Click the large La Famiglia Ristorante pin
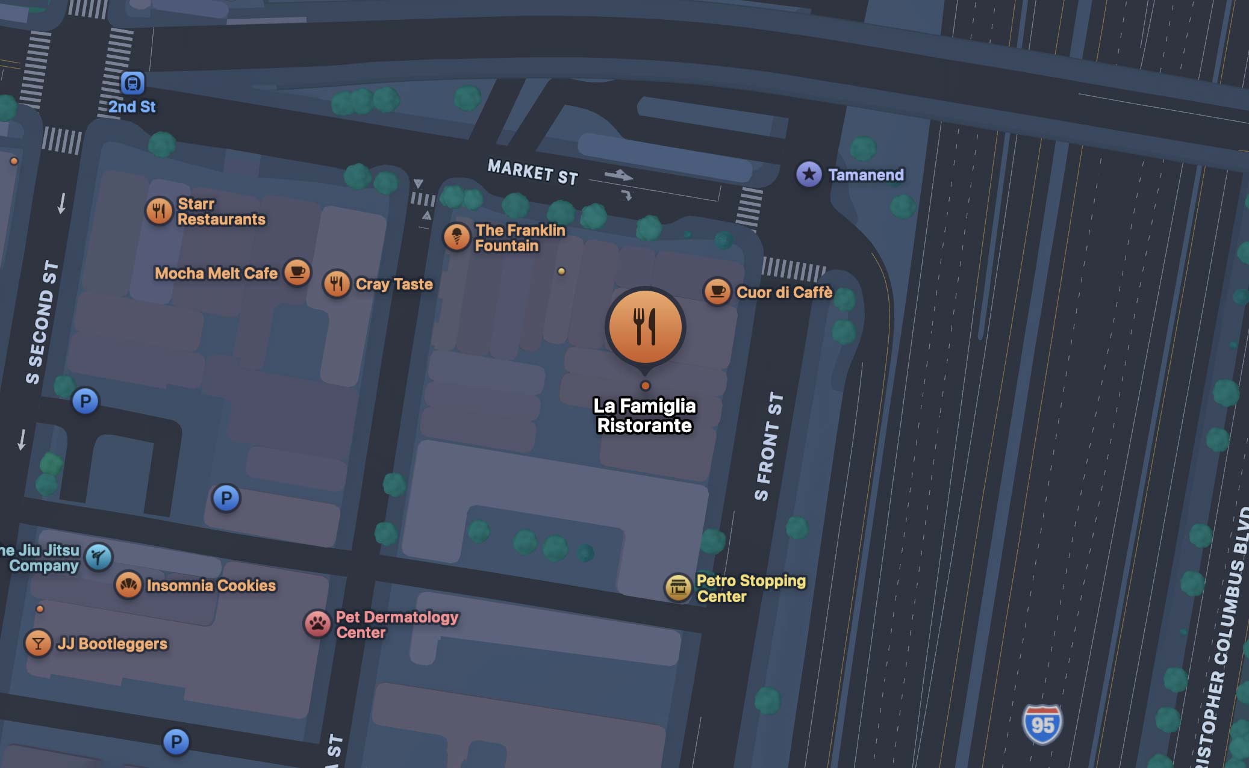pos(645,326)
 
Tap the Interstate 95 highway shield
pos(1042,724)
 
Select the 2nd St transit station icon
pos(132,83)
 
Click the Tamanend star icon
pos(809,175)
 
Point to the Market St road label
pos(532,172)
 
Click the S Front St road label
pos(769,446)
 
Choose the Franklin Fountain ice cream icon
pos(456,237)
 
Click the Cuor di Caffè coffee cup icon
pos(717,292)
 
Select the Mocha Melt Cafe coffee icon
pos(297,272)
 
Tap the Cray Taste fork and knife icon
pos(337,283)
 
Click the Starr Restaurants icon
pos(160,211)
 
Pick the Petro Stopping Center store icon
pos(678,587)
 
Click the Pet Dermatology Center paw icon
pos(318,624)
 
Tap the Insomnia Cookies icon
pos(128,584)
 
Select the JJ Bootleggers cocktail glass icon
pos(38,643)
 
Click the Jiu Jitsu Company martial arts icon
pos(99,557)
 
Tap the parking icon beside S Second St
pos(85,401)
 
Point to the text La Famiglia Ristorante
pos(644,415)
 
